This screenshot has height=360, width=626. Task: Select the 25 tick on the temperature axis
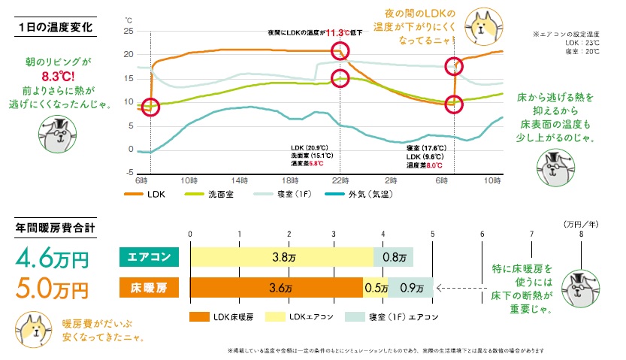coord(129,31)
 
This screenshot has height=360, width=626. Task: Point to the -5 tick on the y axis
coord(129,172)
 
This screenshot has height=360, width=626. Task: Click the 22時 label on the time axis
coord(340,181)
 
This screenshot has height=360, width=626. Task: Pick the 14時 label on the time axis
coord(240,181)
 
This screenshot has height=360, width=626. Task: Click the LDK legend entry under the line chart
coord(151,194)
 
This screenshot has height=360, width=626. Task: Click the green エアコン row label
coord(149,257)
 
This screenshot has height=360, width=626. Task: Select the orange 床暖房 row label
coord(149,287)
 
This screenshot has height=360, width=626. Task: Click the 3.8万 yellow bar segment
coord(282,257)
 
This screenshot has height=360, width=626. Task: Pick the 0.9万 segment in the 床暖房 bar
coord(411,287)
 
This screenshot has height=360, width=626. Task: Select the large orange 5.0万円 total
coord(52,288)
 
